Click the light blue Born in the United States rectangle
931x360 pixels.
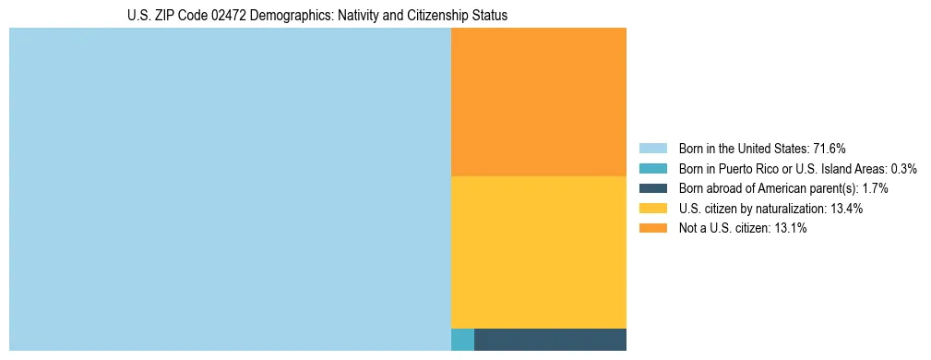pos(230,189)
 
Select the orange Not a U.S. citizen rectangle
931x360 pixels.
pos(539,102)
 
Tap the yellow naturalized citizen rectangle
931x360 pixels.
pos(539,252)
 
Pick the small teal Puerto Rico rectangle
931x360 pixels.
pos(462,340)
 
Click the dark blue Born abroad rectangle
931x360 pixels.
pos(550,340)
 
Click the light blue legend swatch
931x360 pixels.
pos(652,149)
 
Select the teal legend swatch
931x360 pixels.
pos(652,169)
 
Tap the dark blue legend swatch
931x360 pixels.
pos(652,188)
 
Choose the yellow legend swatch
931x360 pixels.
pos(652,209)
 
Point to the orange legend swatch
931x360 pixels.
pos(652,229)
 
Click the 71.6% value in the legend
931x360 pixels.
pos(829,149)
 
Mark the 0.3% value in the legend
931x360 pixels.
pos(903,169)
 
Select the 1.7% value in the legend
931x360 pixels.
pos(875,188)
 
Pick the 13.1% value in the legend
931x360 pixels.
pos(791,229)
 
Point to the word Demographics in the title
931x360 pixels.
pos(280,16)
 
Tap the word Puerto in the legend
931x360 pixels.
pos(741,169)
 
